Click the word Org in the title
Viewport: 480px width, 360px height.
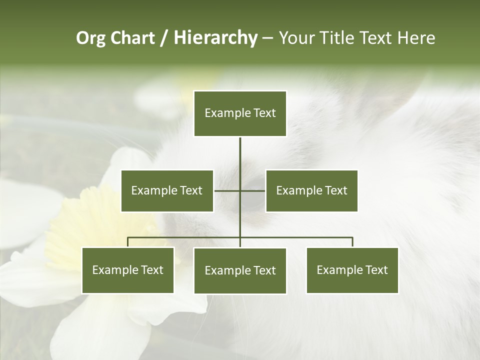tap(91, 38)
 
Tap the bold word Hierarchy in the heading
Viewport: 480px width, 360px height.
tap(215, 38)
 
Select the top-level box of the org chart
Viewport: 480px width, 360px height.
tap(240, 113)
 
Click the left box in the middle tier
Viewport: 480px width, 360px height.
tap(167, 190)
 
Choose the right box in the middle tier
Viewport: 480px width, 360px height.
tap(311, 190)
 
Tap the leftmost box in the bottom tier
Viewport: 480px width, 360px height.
tap(128, 270)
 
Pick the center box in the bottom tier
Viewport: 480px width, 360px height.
tap(240, 271)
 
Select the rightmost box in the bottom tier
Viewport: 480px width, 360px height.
tap(352, 270)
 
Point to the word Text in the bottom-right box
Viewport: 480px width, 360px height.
tap(376, 270)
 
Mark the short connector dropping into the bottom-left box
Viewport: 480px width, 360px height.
tap(128, 242)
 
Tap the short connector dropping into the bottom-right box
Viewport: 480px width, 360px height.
tap(352, 242)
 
